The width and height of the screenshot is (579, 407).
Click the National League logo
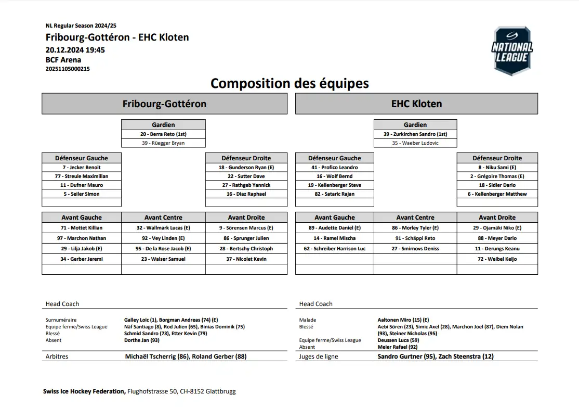[x=512, y=50]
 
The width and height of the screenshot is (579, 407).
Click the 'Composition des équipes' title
[x=289, y=83]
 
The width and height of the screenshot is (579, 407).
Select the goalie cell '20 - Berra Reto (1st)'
[x=163, y=134]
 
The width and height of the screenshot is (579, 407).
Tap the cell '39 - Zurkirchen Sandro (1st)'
[x=415, y=134]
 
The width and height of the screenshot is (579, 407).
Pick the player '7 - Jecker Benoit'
[x=82, y=168]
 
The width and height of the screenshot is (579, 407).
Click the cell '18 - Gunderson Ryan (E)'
[x=246, y=168]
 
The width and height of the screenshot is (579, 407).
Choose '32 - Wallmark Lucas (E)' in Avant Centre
[x=163, y=228]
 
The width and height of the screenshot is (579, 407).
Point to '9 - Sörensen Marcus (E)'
[x=246, y=228]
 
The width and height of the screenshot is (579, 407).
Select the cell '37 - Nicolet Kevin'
[x=246, y=259]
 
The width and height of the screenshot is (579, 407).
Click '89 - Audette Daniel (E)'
[x=335, y=228]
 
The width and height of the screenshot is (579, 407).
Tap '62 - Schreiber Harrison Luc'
[x=335, y=249]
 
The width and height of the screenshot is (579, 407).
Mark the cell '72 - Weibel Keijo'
[x=497, y=259]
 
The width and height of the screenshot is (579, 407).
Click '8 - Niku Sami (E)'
[x=497, y=168]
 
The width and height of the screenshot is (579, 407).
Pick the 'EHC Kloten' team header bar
[x=416, y=104]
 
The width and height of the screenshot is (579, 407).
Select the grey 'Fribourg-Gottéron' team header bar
[x=164, y=104]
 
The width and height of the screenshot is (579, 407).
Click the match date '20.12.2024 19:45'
[x=75, y=50]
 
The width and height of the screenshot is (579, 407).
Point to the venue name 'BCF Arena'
[x=63, y=60]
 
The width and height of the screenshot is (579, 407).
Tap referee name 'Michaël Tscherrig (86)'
[x=157, y=357]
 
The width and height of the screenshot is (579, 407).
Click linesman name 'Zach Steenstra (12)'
[x=466, y=357]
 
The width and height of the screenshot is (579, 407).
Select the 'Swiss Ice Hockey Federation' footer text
[x=84, y=391]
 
